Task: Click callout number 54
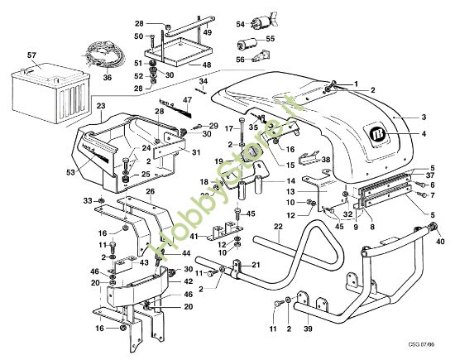(241, 26)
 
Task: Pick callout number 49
(208, 32)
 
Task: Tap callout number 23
(100, 106)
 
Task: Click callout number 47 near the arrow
(187, 99)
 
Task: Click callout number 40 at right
(438, 243)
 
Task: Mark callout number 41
(193, 237)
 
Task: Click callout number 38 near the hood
(326, 159)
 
